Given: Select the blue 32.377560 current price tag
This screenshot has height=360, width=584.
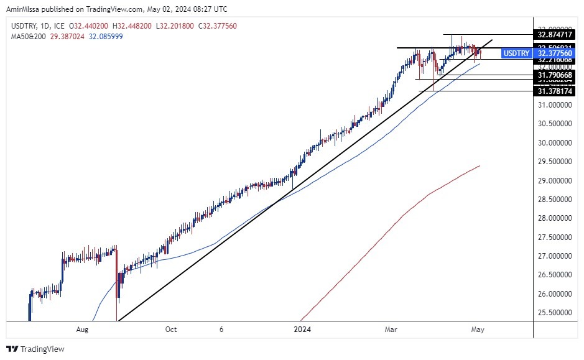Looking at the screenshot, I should click(x=555, y=53).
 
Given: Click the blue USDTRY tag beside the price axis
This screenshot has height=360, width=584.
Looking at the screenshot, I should click(x=516, y=53).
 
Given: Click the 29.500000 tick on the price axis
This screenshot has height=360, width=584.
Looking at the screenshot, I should click(x=555, y=162).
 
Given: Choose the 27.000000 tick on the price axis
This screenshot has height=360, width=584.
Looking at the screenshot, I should click(x=555, y=256).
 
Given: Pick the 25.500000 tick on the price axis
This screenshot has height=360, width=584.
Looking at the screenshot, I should click(x=555, y=313).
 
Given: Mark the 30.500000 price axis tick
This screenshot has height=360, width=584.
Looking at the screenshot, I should click(x=555, y=124).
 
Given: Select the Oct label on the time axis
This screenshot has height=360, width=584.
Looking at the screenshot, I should click(x=171, y=330).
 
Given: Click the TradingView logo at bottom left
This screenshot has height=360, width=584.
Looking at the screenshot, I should click(x=35, y=349).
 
